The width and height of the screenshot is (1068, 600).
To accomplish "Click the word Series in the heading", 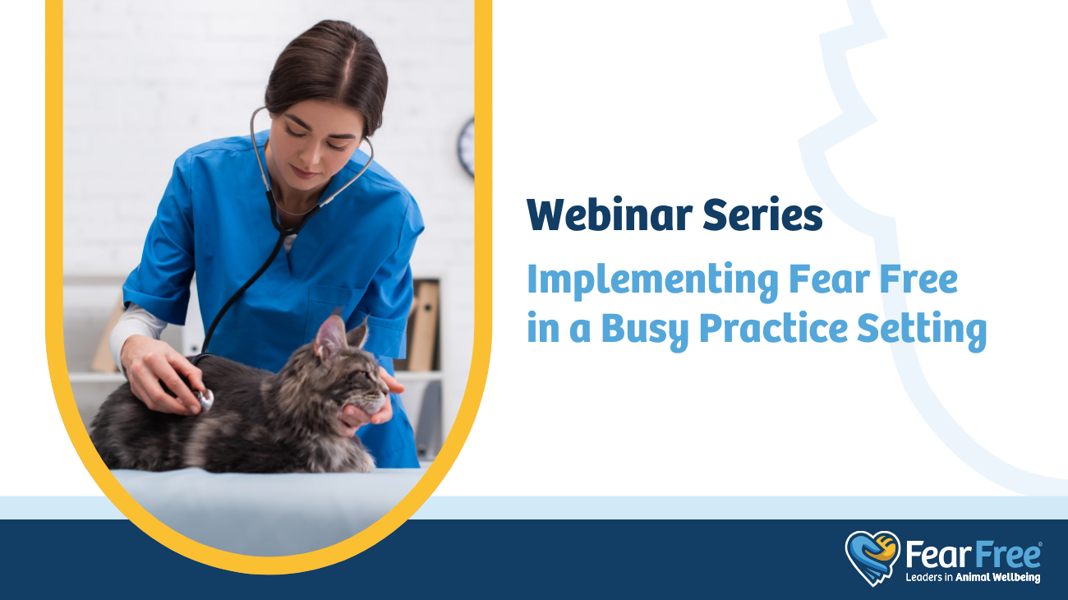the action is click(x=763, y=215).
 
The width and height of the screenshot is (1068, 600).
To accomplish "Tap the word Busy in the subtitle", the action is click(x=645, y=330).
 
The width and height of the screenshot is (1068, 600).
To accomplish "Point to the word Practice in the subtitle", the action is click(x=774, y=328).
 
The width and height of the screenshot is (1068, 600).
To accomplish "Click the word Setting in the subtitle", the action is click(x=922, y=330).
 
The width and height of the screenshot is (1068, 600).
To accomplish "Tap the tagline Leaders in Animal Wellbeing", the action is click(x=973, y=577).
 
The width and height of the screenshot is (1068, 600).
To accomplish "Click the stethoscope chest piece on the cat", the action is click(x=205, y=399).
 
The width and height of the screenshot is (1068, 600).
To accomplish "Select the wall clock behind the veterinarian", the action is click(x=467, y=147).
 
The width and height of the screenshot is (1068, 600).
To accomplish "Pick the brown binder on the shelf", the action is click(x=423, y=325).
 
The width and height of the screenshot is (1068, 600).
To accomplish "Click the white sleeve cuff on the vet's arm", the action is click(x=135, y=329).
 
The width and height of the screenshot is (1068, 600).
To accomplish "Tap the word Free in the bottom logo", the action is click(x=1007, y=555).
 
